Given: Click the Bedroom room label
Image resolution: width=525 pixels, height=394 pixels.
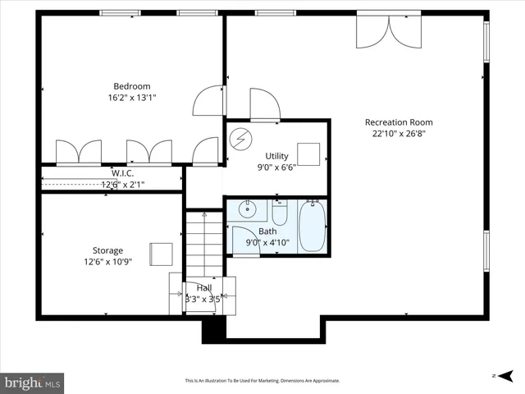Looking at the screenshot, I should tap(131, 86).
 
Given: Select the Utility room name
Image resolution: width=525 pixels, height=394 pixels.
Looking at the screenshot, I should tap(276, 156).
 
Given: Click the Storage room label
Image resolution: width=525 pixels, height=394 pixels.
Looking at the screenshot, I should tap(107, 250).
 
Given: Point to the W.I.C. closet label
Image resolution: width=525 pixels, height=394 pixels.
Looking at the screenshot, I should tap(123, 173).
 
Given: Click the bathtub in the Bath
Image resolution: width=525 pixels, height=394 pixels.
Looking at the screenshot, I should tap(312, 226).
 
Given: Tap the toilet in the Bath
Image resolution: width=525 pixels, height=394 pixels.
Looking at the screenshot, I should tap(279, 214).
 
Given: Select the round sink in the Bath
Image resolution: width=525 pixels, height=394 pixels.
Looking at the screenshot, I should tap(247, 210).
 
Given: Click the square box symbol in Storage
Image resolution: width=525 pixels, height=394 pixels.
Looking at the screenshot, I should tap(160, 253).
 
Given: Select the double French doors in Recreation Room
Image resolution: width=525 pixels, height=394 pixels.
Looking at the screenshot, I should tap(389, 30).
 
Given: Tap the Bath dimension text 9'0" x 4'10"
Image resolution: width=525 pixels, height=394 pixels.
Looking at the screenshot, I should tap(267, 243).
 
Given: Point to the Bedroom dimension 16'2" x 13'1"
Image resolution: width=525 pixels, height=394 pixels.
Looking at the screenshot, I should tap(131, 98).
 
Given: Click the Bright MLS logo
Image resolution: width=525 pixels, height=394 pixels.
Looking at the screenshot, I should tap(32, 383).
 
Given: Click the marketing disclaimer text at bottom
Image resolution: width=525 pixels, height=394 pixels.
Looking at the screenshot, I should tap(262, 381).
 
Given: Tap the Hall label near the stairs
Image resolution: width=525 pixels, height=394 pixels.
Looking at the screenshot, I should tap(203, 288).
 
